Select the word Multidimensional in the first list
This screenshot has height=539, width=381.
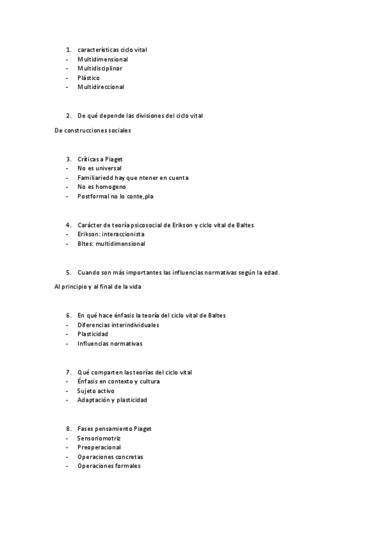tap(102, 59)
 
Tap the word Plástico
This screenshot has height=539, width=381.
tap(88, 78)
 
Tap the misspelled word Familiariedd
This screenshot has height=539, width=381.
tap(96, 178)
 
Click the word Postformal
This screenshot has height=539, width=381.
tap(94, 196)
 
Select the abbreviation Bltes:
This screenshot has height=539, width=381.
tap(85, 243)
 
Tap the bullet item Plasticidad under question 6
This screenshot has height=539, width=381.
tap(92, 334)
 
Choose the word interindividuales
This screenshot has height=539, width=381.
tap(133, 325)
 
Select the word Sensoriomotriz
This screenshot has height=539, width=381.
tap(99, 439)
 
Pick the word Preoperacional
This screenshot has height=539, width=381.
tap(99, 447)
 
